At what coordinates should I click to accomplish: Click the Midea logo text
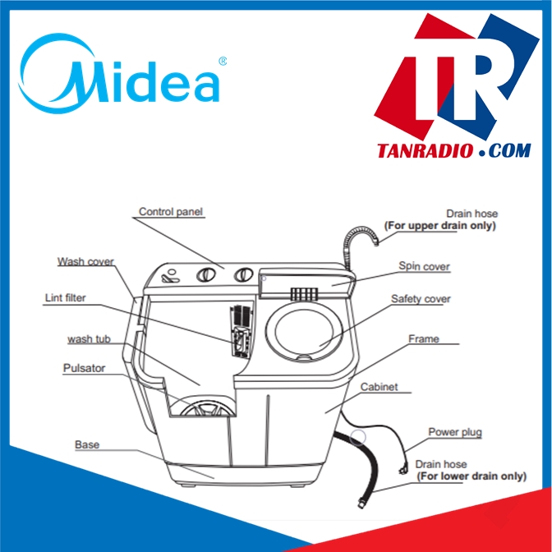click(x=123, y=76)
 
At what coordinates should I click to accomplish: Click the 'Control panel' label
click(x=170, y=212)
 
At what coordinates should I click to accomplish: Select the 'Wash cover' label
click(x=85, y=262)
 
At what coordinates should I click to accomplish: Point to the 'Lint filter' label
click(x=65, y=298)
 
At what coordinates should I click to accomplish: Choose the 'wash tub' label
click(x=90, y=340)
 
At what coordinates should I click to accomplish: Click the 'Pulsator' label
click(x=84, y=369)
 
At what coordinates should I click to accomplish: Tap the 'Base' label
click(x=87, y=445)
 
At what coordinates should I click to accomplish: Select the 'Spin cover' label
click(x=424, y=266)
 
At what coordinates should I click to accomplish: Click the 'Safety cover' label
click(x=421, y=299)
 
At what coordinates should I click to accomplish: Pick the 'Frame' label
click(x=423, y=338)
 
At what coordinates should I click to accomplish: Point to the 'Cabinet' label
click(x=379, y=387)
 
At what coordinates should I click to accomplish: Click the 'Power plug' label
click(x=454, y=432)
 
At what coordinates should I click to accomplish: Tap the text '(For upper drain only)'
click(x=440, y=225)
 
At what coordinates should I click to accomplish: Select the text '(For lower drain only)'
click(x=471, y=476)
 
